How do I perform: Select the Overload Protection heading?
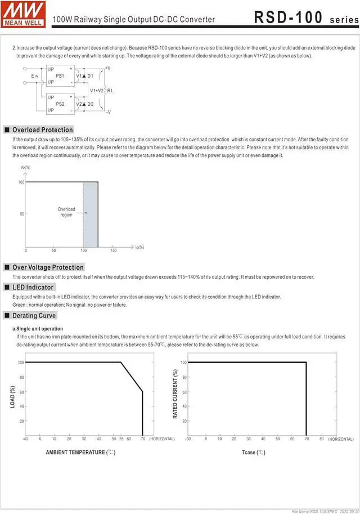(43, 130)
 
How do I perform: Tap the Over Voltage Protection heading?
(48, 267)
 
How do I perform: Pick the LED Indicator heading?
(33, 287)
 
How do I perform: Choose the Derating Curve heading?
(34, 316)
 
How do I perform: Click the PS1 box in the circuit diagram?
(60, 75)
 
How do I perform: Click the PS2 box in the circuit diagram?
(60, 104)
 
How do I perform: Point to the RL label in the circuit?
(110, 90)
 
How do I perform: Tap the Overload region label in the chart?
(66, 212)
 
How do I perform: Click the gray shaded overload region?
(91, 214)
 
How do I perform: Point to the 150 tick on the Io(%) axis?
(114, 250)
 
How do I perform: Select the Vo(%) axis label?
(25, 167)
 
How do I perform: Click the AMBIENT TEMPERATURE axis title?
(80, 452)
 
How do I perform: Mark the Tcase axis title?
(253, 452)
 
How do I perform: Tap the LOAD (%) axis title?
(13, 396)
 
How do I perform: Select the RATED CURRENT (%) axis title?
(175, 394)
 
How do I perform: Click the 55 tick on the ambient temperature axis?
(121, 439)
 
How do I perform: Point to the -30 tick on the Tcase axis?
(188, 439)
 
